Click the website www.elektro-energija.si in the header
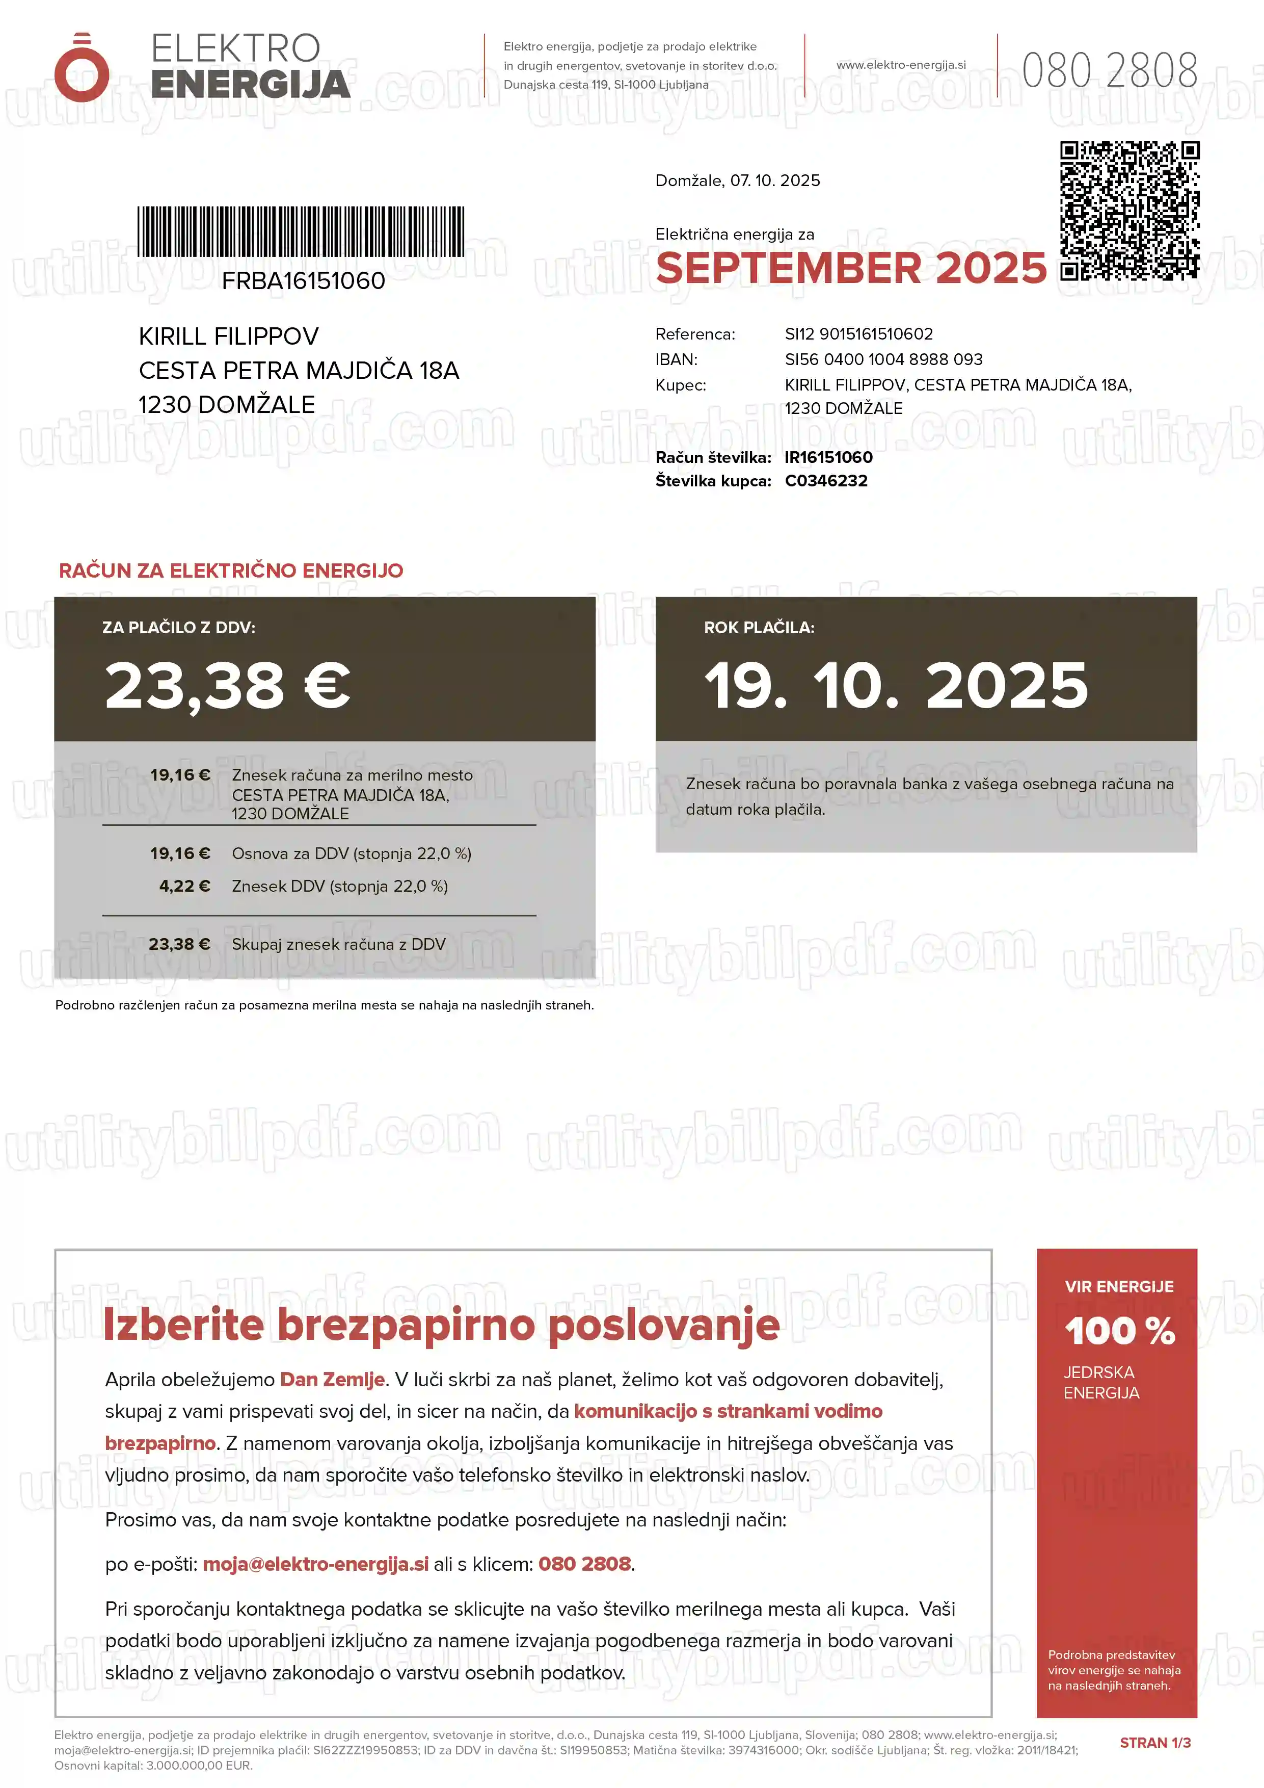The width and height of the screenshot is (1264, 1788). point(901,65)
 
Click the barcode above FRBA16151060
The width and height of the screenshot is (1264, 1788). point(301,231)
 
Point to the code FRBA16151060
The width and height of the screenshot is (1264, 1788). point(303,281)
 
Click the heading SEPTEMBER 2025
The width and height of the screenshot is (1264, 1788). point(851,269)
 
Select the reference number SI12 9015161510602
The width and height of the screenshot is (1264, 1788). point(858,334)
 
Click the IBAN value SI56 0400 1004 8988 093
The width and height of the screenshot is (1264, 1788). point(883,360)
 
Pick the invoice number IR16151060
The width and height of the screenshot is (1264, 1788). point(828,458)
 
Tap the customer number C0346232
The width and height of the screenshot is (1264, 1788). point(826,481)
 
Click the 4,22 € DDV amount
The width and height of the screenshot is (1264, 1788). point(184,886)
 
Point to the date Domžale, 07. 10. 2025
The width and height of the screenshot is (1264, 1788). point(737,180)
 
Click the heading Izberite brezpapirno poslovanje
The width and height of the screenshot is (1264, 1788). point(441,1325)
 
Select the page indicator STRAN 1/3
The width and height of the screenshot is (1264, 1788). point(1154,1743)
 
